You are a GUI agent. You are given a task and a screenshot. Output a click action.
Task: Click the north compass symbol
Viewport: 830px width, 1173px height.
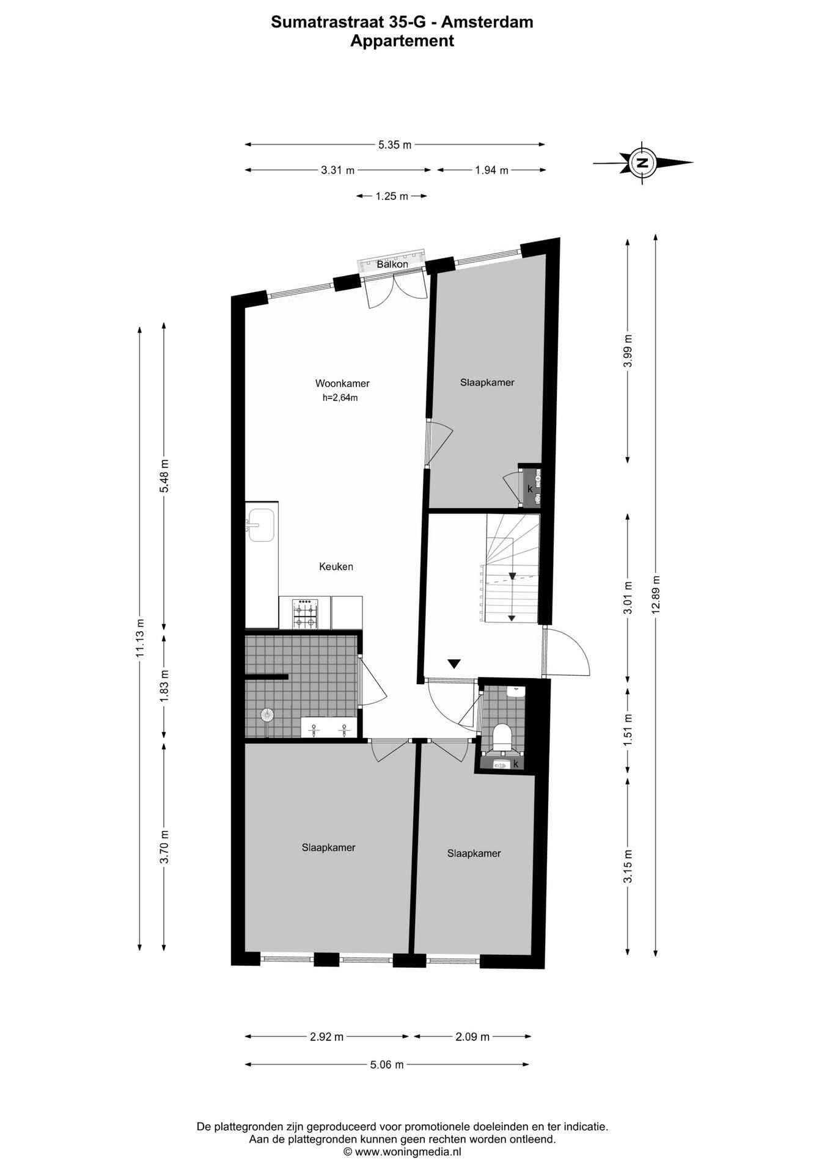point(642,163)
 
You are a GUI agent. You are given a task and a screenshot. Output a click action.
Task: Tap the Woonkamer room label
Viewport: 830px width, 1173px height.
point(342,384)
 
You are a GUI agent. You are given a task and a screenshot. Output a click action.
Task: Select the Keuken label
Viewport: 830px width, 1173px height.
point(336,566)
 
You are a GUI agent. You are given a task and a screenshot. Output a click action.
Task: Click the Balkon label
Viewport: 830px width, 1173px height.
point(392,265)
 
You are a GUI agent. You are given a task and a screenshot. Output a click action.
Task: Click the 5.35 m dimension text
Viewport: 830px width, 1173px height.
point(394,145)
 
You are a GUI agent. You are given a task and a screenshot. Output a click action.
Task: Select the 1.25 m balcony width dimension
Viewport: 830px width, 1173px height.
point(392,196)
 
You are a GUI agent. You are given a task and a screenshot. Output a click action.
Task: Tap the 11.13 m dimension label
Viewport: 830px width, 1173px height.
point(140,638)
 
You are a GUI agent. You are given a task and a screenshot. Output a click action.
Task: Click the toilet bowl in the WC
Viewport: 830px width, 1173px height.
point(502,736)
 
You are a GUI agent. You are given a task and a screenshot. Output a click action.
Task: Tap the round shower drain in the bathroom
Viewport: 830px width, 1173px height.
point(266,714)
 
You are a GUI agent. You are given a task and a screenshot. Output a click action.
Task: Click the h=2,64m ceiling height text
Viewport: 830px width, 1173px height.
point(340,398)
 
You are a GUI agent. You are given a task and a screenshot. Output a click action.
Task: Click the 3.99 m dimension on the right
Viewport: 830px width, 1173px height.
point(628,351)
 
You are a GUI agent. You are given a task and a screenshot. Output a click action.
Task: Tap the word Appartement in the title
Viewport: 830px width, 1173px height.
point(402,41)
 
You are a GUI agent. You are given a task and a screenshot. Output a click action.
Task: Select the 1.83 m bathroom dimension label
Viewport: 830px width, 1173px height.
point(164,685)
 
